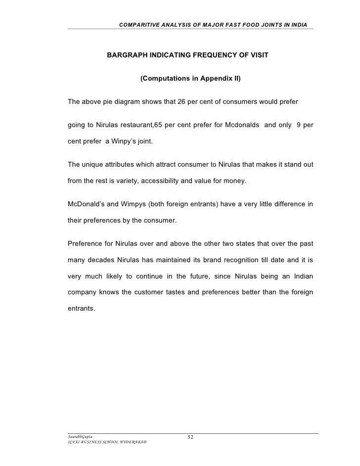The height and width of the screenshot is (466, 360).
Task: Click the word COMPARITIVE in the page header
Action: click(x=139, y=25)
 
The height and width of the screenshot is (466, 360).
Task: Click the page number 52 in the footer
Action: click(x=191, y=437)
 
